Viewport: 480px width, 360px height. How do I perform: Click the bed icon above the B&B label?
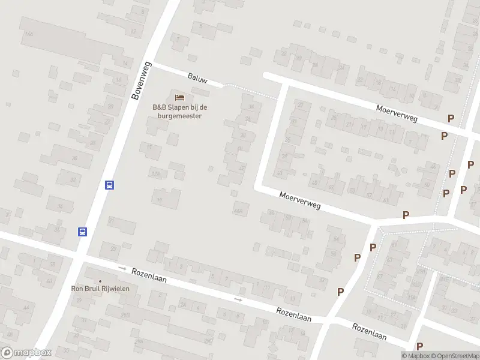179,97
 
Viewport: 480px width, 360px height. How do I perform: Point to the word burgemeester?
176,116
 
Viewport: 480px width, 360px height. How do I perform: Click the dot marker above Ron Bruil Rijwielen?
100,281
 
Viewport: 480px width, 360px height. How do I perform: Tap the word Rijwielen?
115,289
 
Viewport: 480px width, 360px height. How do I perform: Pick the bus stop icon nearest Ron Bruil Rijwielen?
83,232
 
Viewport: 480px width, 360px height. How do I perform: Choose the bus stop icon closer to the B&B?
109,185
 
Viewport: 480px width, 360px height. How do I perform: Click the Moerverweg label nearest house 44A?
300,200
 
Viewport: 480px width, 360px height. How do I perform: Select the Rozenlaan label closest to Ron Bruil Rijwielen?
149,275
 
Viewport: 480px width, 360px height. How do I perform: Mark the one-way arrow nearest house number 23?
122,268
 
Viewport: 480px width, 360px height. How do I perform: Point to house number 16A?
28,35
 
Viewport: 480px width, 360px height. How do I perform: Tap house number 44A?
239,211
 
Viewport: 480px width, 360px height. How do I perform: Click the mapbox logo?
26,353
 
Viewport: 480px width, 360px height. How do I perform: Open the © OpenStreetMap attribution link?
454,356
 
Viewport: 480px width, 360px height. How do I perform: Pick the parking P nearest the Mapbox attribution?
419,346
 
